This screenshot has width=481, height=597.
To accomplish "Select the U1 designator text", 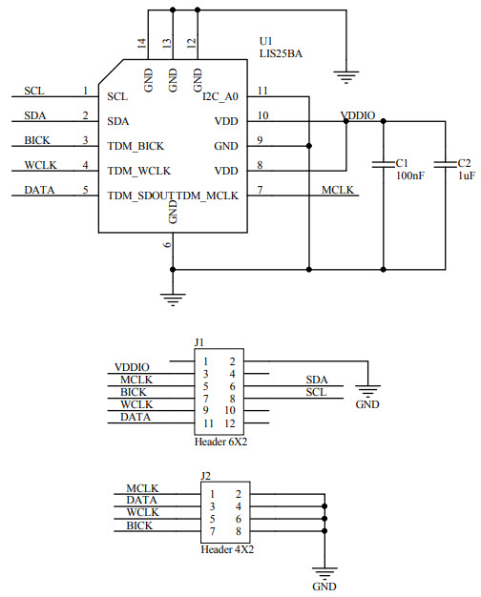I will [266, 42].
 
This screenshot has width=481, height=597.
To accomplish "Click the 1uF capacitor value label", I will [466, 176].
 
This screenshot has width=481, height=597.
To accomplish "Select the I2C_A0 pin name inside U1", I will [220, 96].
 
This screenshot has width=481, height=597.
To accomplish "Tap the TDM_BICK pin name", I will [136, 146].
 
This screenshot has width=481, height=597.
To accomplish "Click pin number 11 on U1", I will [262, 91].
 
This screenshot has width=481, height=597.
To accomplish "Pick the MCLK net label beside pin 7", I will [338, 190].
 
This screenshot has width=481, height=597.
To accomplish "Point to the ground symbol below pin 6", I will [173, 298].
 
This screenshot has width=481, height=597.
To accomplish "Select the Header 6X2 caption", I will [218, 443].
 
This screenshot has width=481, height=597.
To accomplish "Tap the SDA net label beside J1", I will [316, 380].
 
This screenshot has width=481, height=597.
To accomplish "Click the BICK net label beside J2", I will [140, 525].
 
